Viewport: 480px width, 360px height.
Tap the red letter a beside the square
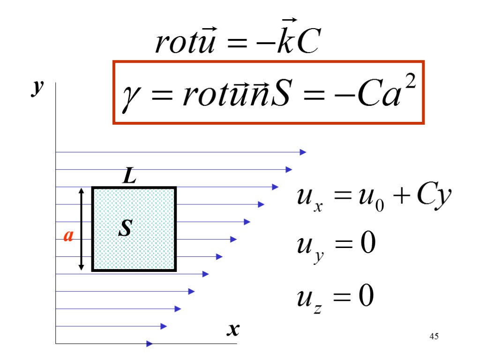[68, 236]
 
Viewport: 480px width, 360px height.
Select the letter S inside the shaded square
[125, 229]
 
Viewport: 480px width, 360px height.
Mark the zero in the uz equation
[366, 296]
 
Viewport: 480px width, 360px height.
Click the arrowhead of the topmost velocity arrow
[303, 152]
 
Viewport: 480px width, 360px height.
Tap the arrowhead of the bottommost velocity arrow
[150, 344]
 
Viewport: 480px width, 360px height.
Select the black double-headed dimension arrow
[82, 229]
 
